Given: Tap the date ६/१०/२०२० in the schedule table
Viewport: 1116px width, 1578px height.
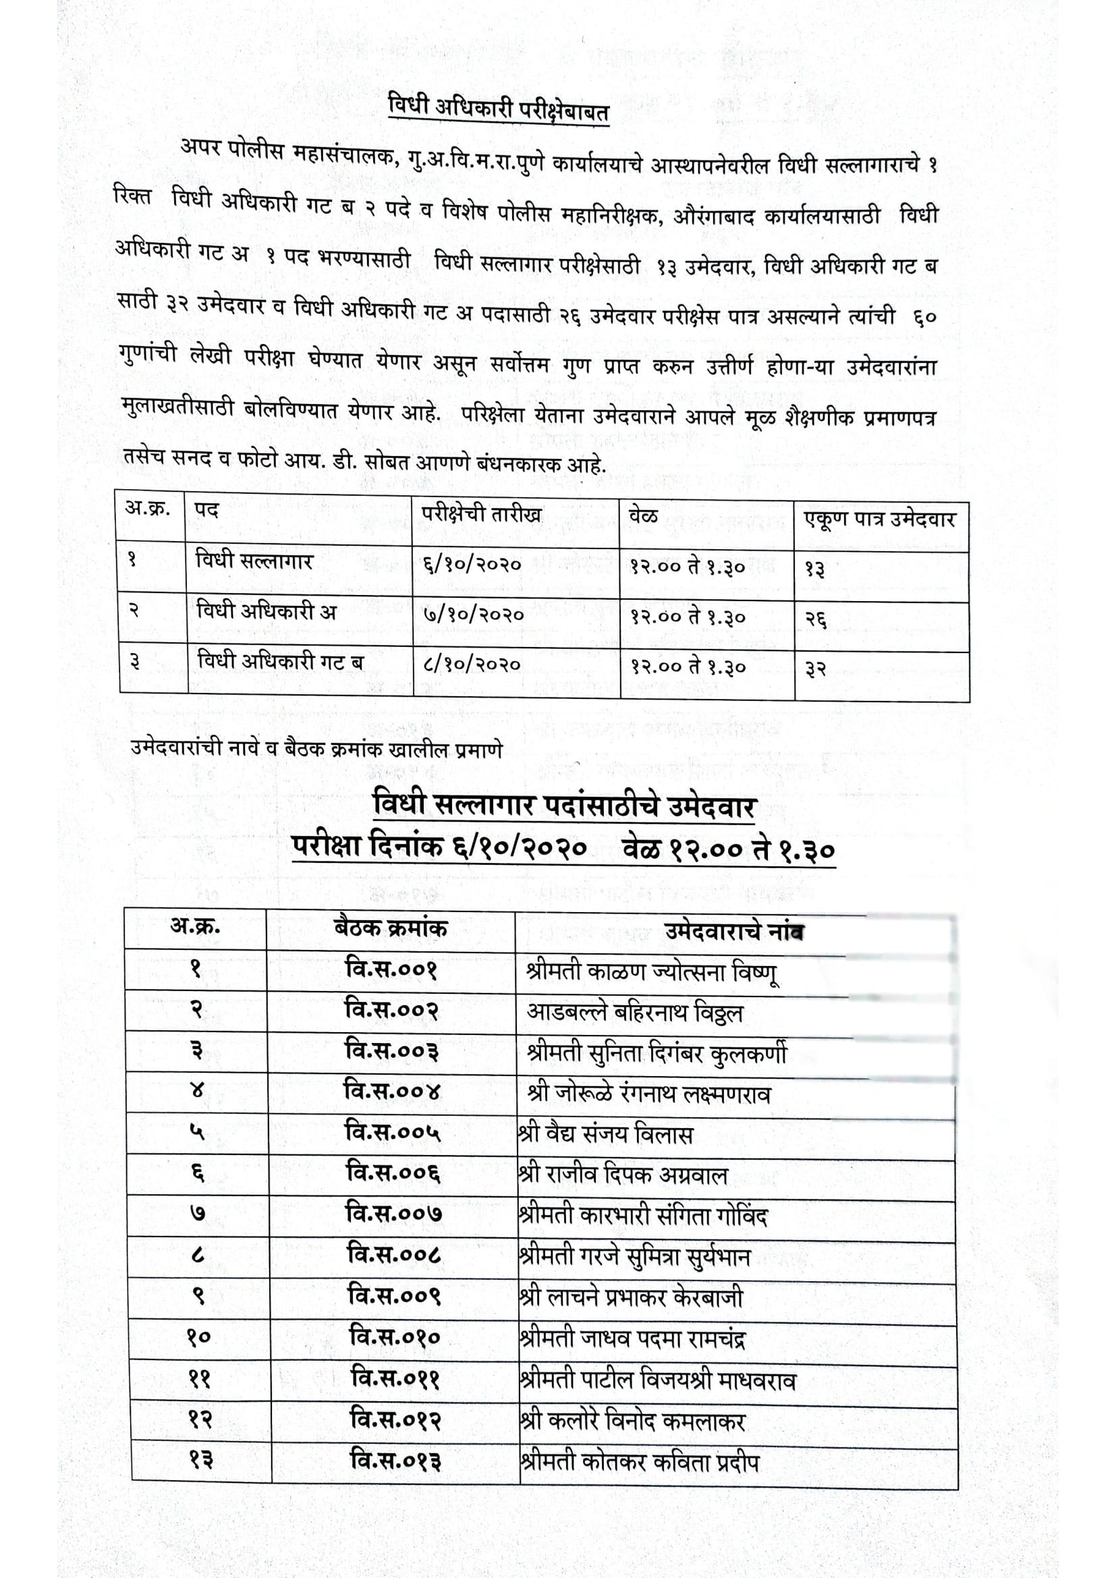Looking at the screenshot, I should point(473,565).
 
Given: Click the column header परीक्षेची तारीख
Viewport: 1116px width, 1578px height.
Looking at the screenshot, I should point(482,514).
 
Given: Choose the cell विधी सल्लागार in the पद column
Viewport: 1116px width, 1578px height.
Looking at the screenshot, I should point(254,561).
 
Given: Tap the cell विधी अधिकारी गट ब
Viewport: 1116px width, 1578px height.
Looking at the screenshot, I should point(280,662).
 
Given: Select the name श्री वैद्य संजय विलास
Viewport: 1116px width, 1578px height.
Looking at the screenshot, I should point(605,1134).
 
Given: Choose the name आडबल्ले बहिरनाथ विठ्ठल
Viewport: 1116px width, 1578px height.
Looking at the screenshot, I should point(635,1013).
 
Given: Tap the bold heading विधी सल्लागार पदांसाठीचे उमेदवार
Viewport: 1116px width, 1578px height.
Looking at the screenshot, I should point(563,805).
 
